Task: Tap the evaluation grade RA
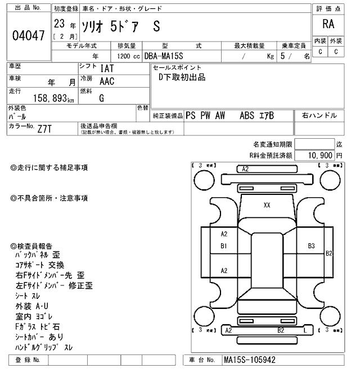[328, 24]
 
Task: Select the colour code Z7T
[44, 129]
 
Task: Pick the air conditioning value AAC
[106, 81]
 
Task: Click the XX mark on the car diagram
[267, 206]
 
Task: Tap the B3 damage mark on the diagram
[311, 246]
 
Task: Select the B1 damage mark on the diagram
[224, 246]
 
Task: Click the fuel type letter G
[101, 98]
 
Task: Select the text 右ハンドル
[319, 116]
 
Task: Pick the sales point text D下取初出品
[182, 78]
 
